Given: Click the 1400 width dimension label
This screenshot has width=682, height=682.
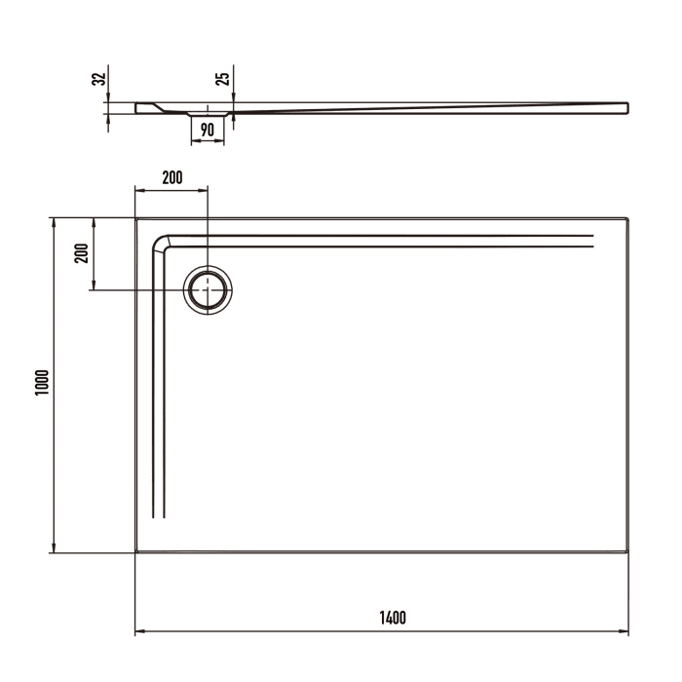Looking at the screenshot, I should (393, 618).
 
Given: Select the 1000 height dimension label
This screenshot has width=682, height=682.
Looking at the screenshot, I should (40, 385).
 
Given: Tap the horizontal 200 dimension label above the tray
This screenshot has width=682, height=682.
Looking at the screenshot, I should (171, 177).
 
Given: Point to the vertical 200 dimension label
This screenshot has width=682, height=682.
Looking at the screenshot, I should (82, 254).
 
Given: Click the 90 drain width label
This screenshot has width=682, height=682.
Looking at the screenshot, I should (207, 129).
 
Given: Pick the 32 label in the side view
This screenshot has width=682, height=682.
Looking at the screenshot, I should (96, 79).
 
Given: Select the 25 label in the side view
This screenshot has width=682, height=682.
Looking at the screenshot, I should (223, 79).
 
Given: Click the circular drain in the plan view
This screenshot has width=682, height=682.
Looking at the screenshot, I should (208, 289).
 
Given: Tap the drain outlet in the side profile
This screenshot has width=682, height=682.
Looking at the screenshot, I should (207, 114).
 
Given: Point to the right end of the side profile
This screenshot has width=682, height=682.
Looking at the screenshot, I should (626, 105).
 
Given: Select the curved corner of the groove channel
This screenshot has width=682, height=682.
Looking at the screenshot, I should (161, 243).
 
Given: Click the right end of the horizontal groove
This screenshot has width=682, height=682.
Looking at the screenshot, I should (591, 242).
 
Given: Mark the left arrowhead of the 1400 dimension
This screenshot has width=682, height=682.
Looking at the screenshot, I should (138, 632).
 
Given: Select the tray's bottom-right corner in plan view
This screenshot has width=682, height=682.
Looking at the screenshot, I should (626, 551).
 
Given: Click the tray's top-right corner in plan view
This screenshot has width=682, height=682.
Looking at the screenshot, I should (626, 219).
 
